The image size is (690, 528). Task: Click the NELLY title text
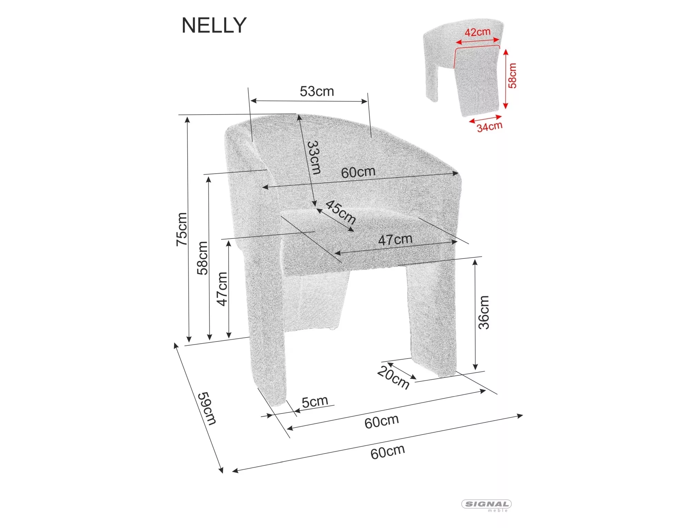click(x=214, y=26)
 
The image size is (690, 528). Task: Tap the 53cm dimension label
click(x=317, y=91)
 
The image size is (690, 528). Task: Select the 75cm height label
click(x=182, y=229)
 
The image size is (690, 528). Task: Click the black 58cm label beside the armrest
click(x=203, y=258)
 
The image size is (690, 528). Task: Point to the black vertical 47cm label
click(x=222, y=289)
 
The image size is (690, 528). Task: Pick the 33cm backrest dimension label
click(x=314, y=157)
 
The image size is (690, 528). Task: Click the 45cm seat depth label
click(x=341, y=212)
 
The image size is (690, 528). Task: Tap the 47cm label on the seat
click(x=395, y=239)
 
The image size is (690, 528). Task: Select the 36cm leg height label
click(x=484, y=312)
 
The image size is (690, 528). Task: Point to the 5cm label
click(x=315, y=402)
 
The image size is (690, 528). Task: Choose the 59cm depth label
click(x=207, y=408)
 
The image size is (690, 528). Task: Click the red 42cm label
click(x=477, y=32)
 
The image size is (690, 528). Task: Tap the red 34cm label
click(x=489, y=127)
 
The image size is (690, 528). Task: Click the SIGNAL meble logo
click(x=486, y=506)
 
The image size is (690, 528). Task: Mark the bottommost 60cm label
click(x=387, y=452)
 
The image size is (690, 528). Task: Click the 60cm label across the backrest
click(x=358, y=172)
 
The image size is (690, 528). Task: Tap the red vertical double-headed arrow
click(x=505, y=79)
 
